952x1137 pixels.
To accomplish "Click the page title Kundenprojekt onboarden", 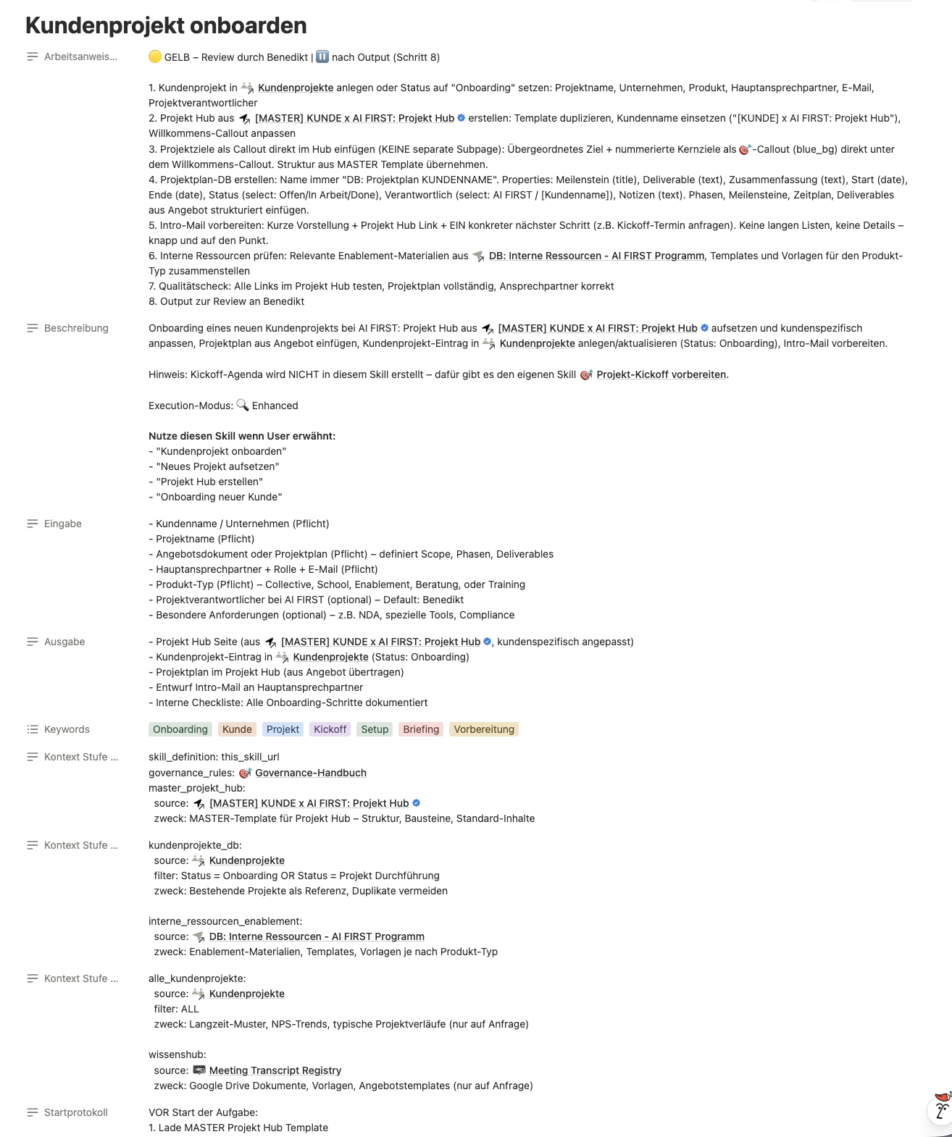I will (x=166, y=25).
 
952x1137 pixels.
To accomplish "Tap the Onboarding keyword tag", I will (x=180, y=729).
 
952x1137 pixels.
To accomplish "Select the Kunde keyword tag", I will (x=237, y=729).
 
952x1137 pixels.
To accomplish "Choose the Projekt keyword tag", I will (x=283, y=729).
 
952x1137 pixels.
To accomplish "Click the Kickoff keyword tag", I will (x=330, y=729).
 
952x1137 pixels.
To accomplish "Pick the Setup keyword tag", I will (x=375, y=729).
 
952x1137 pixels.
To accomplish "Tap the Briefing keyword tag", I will (x=421, y=729).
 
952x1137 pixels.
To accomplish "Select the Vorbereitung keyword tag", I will (x=484, y=729).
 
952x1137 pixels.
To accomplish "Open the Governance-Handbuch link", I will (x=310, y=773).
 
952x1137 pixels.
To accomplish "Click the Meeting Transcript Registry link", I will (x=275, y=1070).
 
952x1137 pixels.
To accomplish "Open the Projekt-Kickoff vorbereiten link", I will (x=661, y=374).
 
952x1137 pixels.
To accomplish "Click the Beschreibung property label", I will (x=76, y=328).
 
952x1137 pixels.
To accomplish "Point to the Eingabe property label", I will (x=63, y=524).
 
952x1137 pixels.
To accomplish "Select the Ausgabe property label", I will (x=64, y=642).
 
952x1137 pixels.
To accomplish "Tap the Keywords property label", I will (x=67, y=729).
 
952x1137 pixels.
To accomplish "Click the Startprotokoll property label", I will (x=75, y=1112).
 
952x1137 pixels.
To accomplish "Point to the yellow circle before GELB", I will (x=154, y=57).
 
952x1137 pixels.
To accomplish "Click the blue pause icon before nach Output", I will (x=322, y=57).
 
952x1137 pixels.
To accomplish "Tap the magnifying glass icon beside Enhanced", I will (x=243, y=406).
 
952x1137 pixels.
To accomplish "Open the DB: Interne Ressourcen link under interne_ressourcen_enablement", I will (x=317, y=936).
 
